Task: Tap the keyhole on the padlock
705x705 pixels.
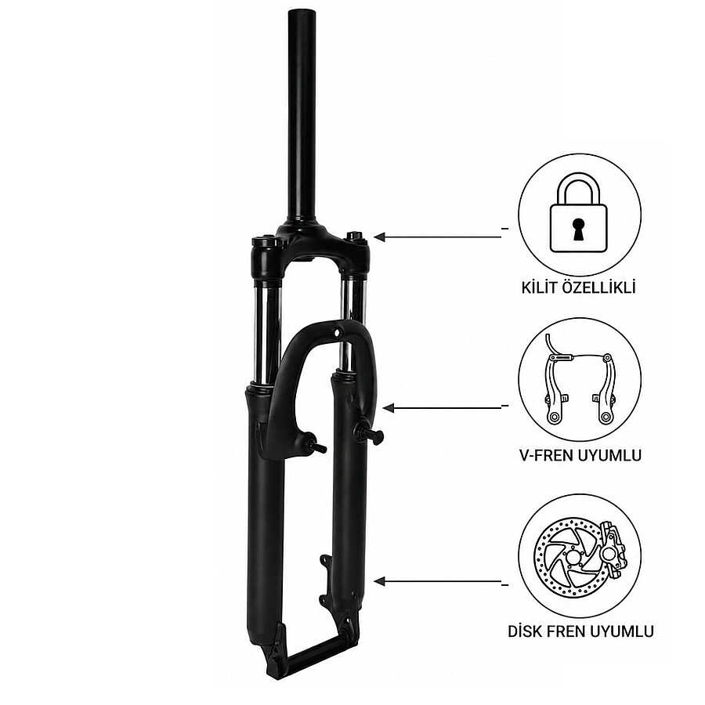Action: pyautogui.click(x=579, y=227)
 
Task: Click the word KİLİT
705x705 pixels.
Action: pyautogui.click(x=538, y=287)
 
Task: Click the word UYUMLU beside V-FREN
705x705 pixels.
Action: pyautogui.click(x=609, y=455)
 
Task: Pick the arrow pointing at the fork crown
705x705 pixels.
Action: pyautogui.click(x=437, y=237)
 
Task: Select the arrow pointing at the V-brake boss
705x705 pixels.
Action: pyautogui.click(x=442, y=408)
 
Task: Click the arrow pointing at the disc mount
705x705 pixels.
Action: pyautogui.click(x=437, y=581)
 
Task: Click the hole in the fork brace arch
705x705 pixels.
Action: pyautogui.click(x=336, y=333)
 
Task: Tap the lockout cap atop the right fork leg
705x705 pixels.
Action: pyautogui.click(x=354, y=236)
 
